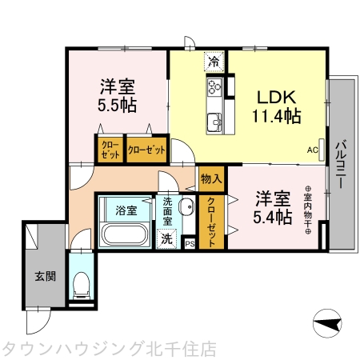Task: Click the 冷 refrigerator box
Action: [x=214, y=61]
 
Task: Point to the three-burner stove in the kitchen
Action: [x=215, y=88]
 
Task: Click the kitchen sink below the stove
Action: [x=215, y=122]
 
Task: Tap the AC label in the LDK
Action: [x=311, y=150]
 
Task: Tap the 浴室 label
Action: [x=126, y=210]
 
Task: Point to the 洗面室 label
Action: [x=168, y=210]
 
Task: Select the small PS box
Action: [x=190, y=244]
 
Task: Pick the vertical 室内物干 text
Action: [x=307, y=211]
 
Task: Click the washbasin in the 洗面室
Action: [x=186, y=209]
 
